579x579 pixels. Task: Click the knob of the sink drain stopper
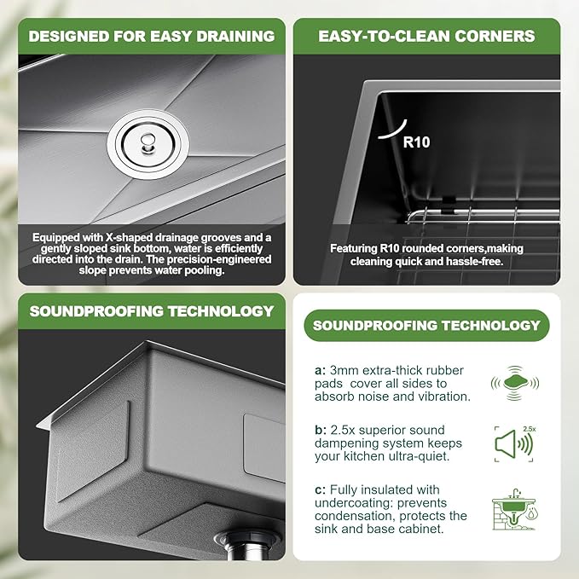click(148, 142)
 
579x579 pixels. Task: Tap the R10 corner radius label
click(416, 142)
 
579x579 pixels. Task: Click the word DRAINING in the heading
click(235, 36)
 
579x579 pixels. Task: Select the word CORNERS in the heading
click(495, 36)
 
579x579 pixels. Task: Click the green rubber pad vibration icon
click(515, 383)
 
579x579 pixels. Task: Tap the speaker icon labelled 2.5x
click(513, 444)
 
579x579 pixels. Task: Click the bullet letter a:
click(320, 370)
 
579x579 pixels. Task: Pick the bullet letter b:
click(321, 430)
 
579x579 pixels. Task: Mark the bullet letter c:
click(320, 490)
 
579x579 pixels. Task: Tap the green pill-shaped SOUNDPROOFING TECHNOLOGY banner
click(426, 326)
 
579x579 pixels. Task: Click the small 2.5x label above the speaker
click(530, 429)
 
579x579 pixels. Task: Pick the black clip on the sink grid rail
click(449, 205)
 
